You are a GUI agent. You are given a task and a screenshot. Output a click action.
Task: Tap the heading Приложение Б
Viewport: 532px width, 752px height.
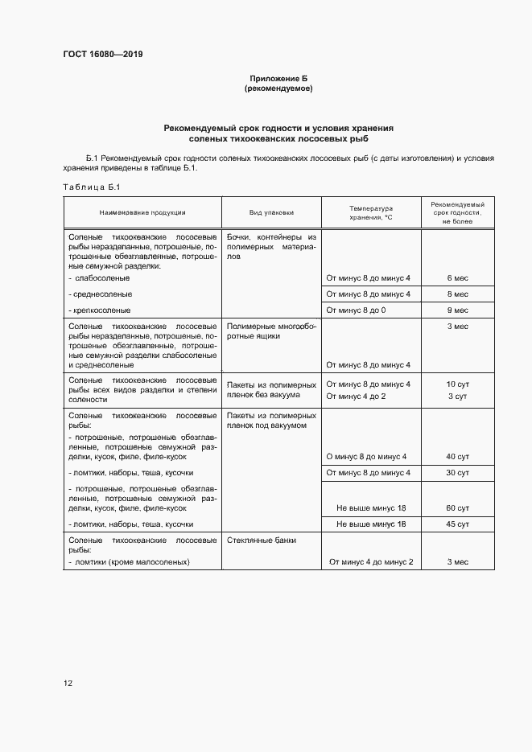pos(278,78)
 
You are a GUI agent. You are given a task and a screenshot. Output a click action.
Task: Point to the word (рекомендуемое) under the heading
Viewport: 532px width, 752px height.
pos(278,88)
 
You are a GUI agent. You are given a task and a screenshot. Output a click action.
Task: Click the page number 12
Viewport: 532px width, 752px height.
pos(68,683)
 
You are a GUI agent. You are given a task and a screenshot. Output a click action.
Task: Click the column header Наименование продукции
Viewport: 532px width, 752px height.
pos(142,212)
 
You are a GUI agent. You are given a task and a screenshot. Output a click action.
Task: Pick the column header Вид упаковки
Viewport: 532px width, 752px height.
pos(271,212)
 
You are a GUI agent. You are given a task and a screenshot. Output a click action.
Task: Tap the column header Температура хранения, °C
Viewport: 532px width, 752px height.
pos(370,212)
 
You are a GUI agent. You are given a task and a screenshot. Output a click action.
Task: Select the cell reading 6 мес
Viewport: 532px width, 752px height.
pos(457,278)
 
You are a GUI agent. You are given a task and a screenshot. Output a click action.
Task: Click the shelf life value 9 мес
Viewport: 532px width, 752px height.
pos(457,310)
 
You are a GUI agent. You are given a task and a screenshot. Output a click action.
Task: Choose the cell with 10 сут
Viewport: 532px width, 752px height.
pos(457,384)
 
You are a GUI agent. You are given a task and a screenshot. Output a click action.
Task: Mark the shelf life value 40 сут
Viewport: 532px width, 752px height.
pos(457,457)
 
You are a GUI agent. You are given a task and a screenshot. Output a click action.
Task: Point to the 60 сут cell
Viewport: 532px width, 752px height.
pos(457,508)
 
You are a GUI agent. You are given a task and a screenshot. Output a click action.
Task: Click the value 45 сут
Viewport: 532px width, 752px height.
pos(457,524)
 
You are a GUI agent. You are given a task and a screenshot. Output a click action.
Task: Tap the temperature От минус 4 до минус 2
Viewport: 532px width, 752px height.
pos(370,561)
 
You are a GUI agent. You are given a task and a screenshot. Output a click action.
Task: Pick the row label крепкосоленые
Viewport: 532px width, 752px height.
pos(101,310)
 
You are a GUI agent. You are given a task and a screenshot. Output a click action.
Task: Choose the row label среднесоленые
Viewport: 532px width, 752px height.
pos(102,294)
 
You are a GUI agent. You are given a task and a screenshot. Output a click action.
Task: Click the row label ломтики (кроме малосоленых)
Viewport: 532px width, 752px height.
pos(131,561)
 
